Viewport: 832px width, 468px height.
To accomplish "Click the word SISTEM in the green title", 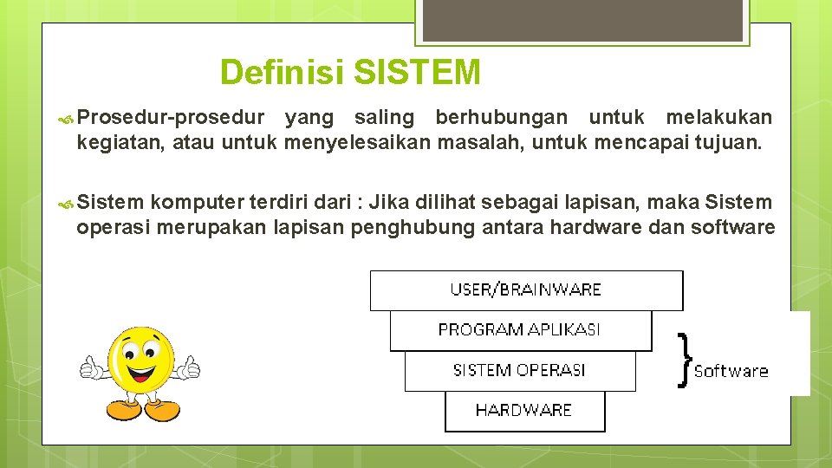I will pos(417,72).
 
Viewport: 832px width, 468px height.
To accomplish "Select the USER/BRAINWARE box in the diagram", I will pos(526,290).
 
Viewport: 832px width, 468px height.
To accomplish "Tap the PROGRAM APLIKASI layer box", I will pos(520,330).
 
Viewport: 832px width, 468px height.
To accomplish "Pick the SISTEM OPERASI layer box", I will pos(520,371).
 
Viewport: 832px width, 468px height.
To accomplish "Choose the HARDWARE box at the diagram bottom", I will pos(524,411).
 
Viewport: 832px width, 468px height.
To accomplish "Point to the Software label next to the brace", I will pos(731,371).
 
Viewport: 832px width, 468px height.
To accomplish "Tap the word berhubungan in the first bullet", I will pos(502,118).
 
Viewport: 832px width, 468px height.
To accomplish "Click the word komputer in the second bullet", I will pos(196,203).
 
